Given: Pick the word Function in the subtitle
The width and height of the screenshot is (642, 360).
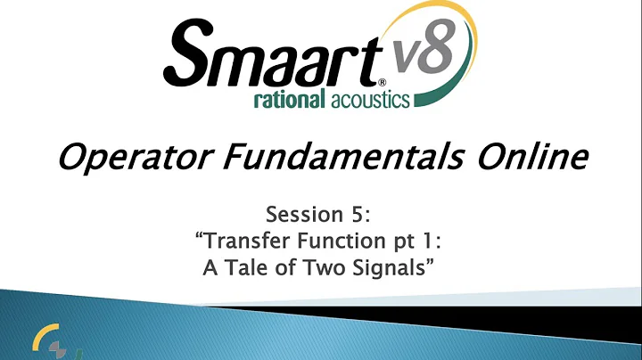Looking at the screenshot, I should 339,242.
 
